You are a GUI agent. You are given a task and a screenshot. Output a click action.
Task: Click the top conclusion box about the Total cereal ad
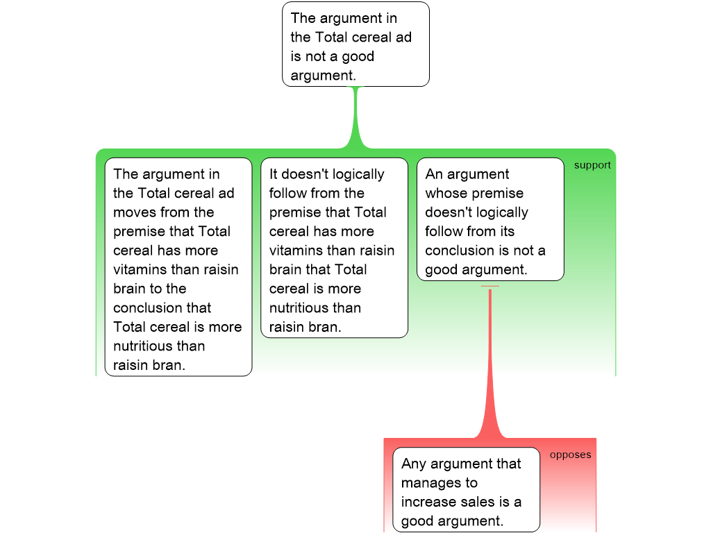click(x=355, y=44)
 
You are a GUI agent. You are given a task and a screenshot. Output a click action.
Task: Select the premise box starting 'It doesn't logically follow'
click(x=334, y=248)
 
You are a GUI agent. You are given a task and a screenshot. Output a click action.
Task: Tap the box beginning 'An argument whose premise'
click(x=490, y=219)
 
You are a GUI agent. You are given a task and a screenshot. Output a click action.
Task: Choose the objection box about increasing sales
click(x=466, y=489)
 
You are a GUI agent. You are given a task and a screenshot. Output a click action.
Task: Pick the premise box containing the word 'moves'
click(x=178, y=267)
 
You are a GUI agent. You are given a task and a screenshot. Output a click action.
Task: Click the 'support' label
click(x=592, y=165)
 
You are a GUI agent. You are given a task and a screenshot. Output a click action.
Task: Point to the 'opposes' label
click(x=570, y=455)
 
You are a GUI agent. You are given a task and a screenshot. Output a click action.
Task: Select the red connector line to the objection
click(x=490, y=361)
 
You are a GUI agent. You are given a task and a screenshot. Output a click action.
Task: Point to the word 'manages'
click(x=429, y=483)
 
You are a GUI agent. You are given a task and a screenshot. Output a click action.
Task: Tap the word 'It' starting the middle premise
click(x=274, y=174)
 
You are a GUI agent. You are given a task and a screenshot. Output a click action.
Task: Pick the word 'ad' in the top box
click(x=403, y=37)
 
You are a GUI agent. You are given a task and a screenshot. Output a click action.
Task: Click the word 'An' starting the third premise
click(x=434, y=174)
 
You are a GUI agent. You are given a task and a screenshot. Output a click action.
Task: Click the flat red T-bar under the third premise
click(x=490, y=286)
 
